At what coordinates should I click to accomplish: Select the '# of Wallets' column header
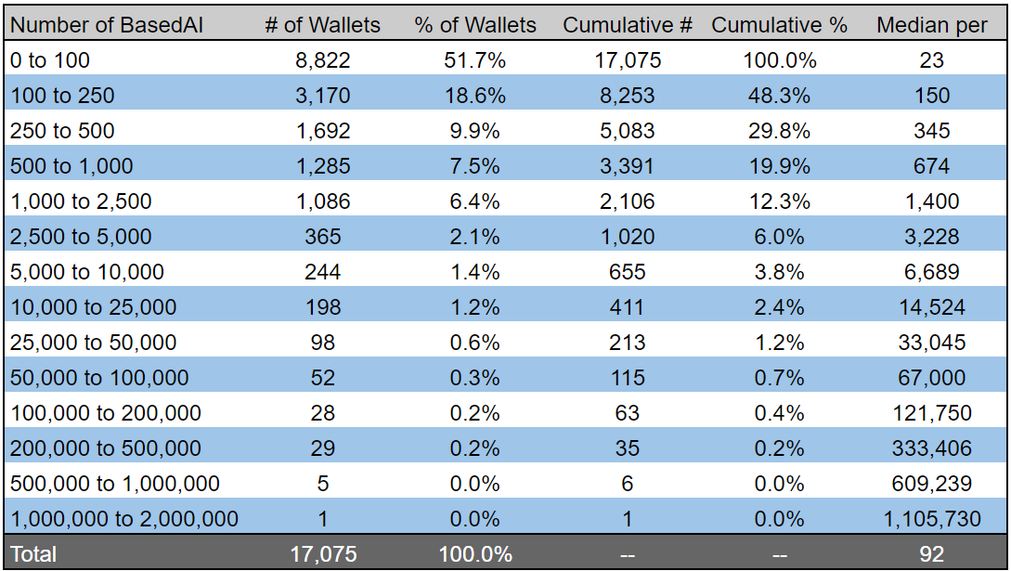pos(322,25)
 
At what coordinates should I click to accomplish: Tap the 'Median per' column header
pos(931,25)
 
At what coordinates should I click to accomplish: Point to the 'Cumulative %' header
pos(779,25)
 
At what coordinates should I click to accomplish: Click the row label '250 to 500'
pos(61,131)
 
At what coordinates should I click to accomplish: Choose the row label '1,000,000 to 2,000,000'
pos(123,519)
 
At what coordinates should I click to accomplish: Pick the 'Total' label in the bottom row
pos(33,554)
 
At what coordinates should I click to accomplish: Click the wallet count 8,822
pos(322,60)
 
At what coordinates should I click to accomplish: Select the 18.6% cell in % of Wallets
pos(474,96)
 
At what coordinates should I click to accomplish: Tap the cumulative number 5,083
pos(627,131)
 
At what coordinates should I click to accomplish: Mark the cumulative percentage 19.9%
pos(779,166)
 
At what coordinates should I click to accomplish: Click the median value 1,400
pos(931,201)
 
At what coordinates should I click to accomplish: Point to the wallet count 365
pos(322,237)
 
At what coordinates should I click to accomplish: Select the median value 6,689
pos(931,272)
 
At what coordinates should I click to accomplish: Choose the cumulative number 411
pos(627,307)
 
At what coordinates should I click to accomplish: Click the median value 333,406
pos(931,448)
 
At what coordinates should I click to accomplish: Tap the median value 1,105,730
pos(931,519)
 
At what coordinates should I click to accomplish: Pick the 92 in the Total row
pos(931,554)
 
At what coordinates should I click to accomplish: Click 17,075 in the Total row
pos(322,554)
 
